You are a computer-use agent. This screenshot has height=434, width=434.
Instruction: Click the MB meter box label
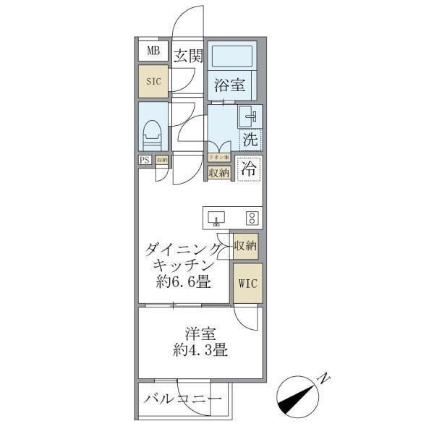pos(154,51)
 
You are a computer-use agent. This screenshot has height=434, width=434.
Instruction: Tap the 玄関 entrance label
pos(188,56)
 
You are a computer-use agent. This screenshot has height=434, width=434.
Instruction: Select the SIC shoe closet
pos(153,82)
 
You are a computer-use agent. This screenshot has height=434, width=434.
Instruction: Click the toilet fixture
pos(152,135)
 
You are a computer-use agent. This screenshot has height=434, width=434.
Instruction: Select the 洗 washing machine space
pos(250,137)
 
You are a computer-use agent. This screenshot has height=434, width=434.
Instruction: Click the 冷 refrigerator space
pos(249,170)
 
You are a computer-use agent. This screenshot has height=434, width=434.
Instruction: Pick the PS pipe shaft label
pos(145,161)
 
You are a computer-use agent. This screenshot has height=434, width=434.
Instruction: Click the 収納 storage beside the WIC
pos(245,246)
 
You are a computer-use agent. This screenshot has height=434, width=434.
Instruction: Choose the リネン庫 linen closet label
pos(218,157)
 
